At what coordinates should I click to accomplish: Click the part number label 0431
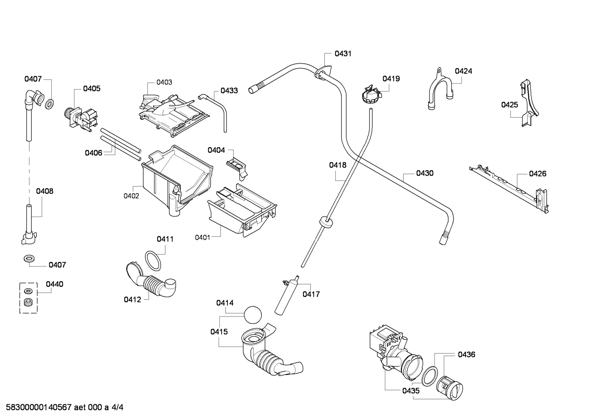343,54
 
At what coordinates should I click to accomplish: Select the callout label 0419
391,79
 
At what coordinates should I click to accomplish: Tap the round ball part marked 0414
252,315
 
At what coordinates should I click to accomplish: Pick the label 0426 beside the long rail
537,174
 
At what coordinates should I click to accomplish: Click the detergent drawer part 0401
242,211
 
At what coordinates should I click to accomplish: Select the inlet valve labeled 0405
80,118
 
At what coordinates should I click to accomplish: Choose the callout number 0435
411,391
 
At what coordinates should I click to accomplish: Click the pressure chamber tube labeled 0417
287,295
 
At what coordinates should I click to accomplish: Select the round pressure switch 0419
371,95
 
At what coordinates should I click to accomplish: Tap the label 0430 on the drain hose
425,174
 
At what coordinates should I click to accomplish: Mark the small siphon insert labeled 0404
236,168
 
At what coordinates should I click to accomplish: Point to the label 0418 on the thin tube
337,165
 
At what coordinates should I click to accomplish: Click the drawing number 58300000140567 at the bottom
39,407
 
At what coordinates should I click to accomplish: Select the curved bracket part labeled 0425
529,103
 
